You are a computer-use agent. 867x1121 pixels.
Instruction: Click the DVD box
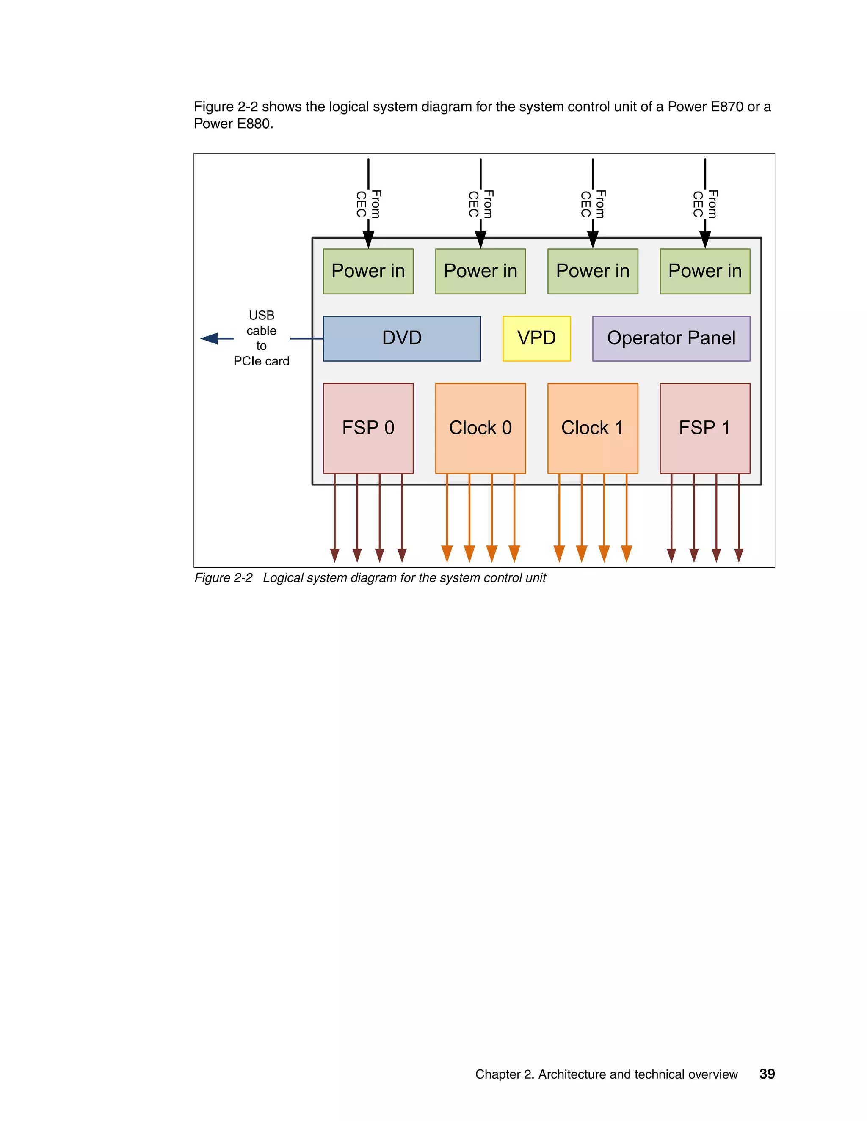click(402, 338)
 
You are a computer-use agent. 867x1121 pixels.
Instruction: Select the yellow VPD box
click(536, 338)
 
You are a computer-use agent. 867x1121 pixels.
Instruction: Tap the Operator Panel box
click(671, 338)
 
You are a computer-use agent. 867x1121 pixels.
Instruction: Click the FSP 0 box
click(368, 428)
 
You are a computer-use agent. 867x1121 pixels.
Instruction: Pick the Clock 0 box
click(480, 428)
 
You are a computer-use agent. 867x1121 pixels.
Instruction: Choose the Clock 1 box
click(592, 428)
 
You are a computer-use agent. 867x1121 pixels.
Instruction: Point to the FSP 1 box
click(705, 428)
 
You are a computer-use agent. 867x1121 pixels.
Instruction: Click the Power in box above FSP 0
click(368, 271)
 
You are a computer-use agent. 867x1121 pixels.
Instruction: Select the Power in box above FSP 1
click(705, 271)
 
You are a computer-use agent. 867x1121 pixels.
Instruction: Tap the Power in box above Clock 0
click(480, 271)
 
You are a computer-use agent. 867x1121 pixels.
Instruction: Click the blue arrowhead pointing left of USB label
click(210, 338)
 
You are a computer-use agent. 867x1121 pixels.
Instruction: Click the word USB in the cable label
click(262, 315)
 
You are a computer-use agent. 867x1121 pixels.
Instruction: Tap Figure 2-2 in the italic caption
click(224, 578)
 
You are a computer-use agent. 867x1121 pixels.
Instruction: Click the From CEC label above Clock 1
click(593, 204)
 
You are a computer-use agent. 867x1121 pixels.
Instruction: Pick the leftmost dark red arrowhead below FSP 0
click(334, 555)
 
